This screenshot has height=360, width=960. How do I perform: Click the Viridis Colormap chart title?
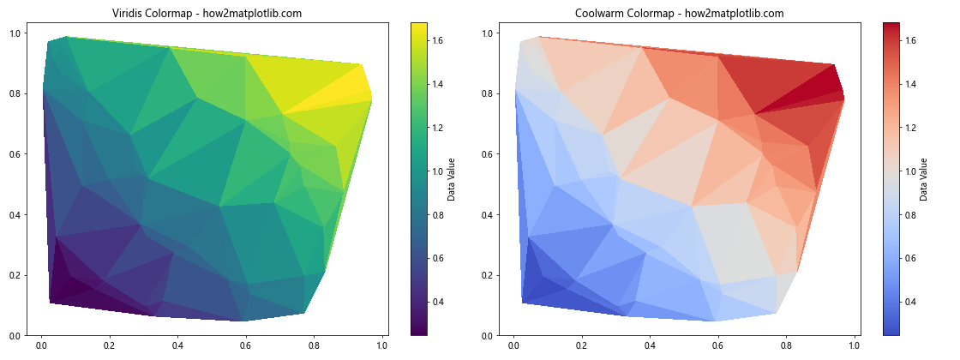click(x=207, y=14)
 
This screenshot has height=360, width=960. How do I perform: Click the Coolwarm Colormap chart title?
click(x=679, y=14)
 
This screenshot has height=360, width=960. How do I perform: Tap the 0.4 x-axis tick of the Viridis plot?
click(x=177, y=345)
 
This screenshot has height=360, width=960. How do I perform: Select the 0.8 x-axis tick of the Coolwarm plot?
click(x=786, y=345)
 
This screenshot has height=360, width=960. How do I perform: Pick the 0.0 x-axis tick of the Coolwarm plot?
click(x=513, y=345)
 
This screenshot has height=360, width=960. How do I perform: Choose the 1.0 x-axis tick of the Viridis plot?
click(x=381, y=345)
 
